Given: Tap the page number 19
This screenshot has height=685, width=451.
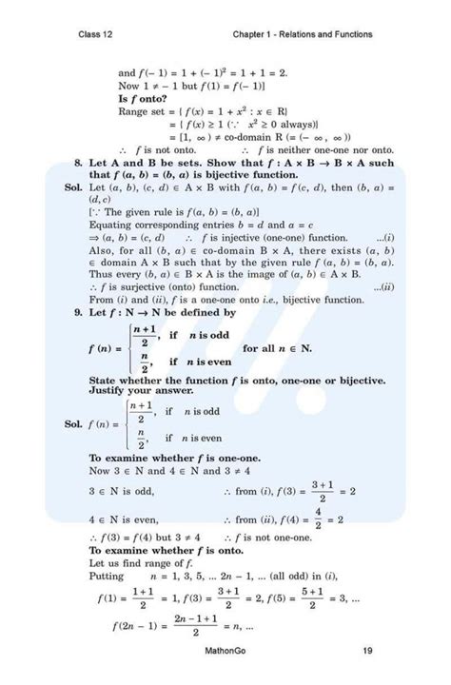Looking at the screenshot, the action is [x=367, y=652].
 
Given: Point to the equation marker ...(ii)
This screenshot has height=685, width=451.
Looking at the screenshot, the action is [x=383, y=286].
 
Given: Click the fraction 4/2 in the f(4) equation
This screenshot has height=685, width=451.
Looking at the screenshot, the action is [x=318, y=519].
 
